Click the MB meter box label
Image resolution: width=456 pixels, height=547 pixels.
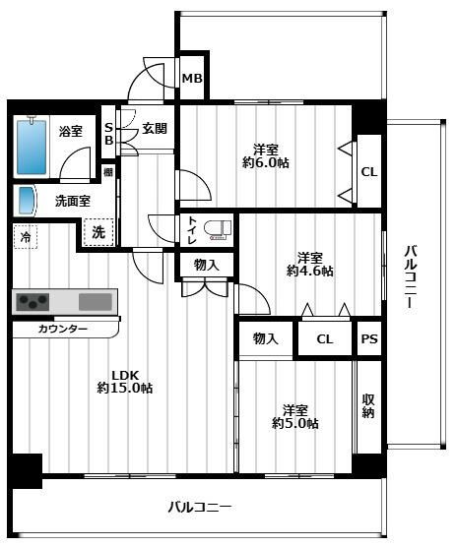tap(191, 80)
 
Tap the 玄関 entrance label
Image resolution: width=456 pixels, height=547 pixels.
tap(155, 128)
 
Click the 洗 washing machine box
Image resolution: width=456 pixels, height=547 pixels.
tap(98, 233)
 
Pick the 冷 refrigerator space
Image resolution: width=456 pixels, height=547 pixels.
tap(26, 236)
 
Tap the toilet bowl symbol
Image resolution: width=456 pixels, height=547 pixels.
tap(221, 229)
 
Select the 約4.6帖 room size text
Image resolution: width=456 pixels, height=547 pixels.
tap(310, 271)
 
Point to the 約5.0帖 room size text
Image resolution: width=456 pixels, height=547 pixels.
tap(295, 424)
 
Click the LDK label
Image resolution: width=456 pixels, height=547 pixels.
tap(123, 374)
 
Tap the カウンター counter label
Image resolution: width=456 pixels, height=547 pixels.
tap(63, 329)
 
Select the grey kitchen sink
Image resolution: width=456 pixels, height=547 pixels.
tap(96, 301)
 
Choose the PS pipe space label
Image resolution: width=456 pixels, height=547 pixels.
tap(368, 339)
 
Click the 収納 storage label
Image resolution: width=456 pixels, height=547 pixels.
tap(367, 404)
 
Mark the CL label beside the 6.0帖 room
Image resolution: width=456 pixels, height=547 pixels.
tap(368, 172)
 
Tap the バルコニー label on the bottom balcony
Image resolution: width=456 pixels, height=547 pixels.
tap(199, 508)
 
